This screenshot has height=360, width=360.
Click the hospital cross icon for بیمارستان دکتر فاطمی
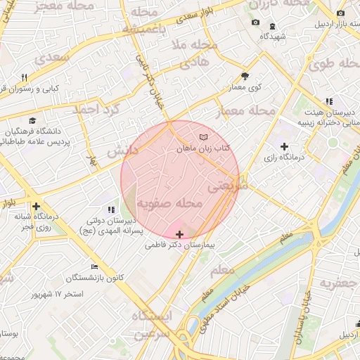point(179,234)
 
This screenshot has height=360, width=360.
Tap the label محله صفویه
point(169,203)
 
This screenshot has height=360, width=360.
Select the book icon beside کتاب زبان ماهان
point(204,136)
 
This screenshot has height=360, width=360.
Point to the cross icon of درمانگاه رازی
point(284,146)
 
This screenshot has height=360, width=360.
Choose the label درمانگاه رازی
point(283,158)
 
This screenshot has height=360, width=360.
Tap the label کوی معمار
point(245,87)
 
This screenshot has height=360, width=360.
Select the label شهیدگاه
point(271,35)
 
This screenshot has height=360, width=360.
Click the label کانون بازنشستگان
point(96,278)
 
